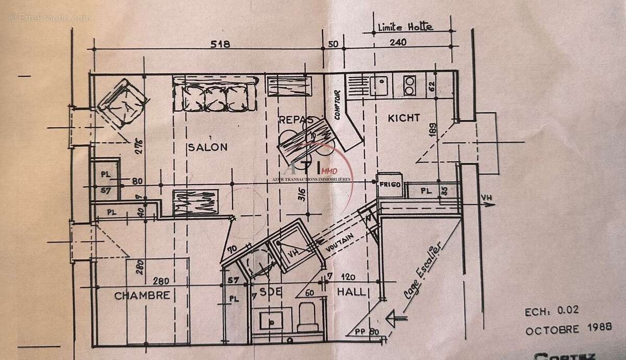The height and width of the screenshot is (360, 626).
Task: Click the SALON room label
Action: tap(207, 147)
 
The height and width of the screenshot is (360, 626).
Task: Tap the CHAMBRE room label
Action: tap(142, 295)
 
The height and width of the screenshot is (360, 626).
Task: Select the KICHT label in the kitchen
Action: tap(403, 118)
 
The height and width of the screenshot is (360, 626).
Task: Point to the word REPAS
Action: tap(296, 119)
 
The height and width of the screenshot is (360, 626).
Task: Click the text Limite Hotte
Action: tap(405, 27)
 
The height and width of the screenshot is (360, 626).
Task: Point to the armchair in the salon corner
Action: tap(123, 103)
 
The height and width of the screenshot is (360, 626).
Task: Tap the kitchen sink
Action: tap(380, 85)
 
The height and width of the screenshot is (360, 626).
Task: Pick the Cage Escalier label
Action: tap(422, 270)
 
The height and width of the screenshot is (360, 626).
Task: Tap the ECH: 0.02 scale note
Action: tap(552, 312)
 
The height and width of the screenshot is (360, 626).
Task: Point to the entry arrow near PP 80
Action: tap(395, 316)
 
